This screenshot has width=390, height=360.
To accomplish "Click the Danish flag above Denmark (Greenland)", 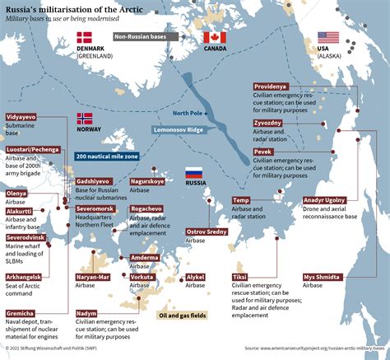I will point(85,37).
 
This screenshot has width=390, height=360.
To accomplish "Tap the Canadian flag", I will point(214,37).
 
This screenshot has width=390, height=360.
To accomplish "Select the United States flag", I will point(328,37).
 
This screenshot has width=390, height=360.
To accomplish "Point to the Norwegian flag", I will point(85,119).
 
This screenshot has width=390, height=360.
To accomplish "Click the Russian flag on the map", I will point(193,173).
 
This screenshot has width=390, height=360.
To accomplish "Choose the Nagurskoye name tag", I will point(148,180).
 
